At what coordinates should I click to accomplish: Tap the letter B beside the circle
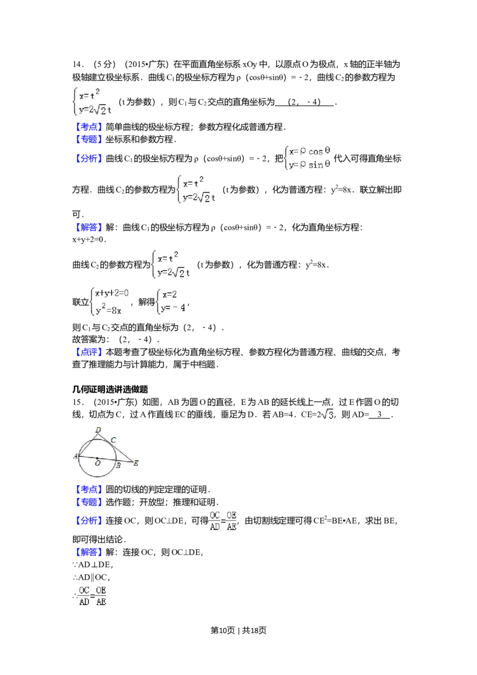coord(118,466)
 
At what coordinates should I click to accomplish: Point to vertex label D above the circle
coord(98,429)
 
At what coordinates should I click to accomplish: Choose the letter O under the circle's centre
coord(97,463)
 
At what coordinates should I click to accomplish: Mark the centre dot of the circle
coord(97,458)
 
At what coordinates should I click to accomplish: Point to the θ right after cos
coord(328,151)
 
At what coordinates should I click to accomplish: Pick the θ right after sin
coord(327,165)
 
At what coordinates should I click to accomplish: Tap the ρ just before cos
coord(303,152)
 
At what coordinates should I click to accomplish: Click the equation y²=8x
coord(109,309)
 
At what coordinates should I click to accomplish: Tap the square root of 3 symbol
coord(327,415)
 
